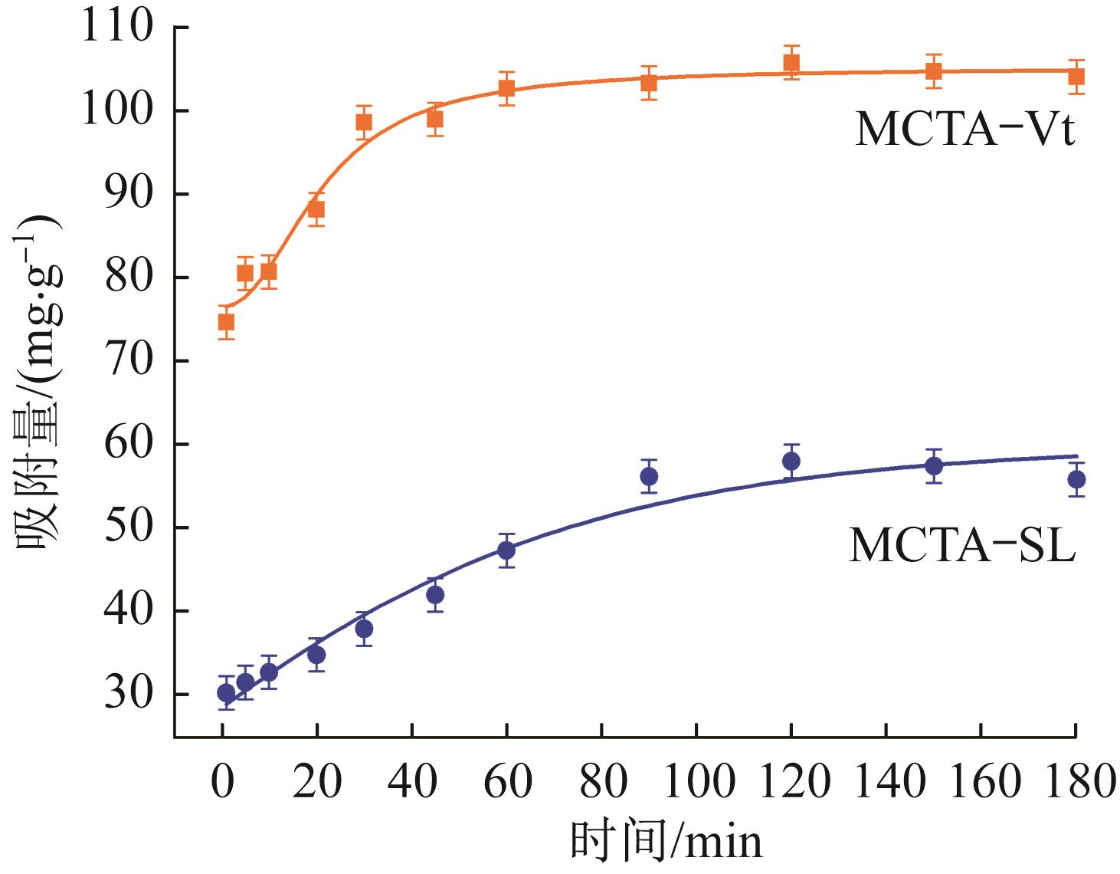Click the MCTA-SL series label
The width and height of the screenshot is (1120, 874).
(x=962, y=547)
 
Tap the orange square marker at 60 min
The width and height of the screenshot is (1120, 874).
(x=506, y=88)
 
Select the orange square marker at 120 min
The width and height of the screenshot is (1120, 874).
(x=791, y=63)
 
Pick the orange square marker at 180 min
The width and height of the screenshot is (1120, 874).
(x=1076, y=77)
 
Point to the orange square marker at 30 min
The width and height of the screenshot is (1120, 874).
(x=364, y=122)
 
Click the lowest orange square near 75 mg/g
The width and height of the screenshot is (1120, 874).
(x=226, y=322)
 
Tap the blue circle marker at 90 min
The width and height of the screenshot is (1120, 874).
(x=649, y=477)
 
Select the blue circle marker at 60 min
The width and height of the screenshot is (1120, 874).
(x=506, y=550)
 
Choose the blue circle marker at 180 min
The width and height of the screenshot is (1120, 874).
(x=1076, y=480)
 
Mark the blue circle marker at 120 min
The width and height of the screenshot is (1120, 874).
(x=791, y=462)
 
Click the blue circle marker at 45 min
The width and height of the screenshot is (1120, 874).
(x=435, y=595)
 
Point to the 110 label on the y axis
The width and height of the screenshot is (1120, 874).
(x=120, y=28)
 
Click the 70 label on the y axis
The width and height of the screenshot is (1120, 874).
(x=129, y=361)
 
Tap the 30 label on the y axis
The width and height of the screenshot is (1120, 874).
(x=129, y=695)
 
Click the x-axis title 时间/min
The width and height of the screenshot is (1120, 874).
(x=666, y=841)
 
